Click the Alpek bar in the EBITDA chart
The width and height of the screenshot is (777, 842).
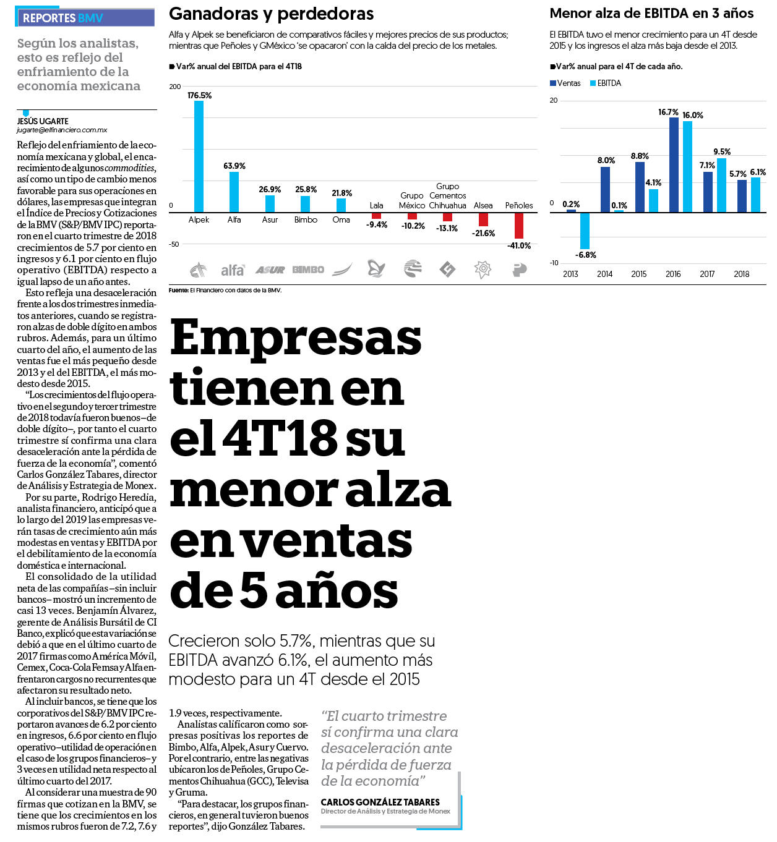(199, 156)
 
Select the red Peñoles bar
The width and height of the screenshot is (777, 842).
(518, 226)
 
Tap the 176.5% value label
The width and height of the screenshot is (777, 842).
(199, 95)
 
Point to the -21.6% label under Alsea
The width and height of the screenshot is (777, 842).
(483, 233)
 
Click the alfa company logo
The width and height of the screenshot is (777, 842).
(233, 270)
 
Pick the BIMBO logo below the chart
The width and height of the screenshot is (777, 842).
(308, 270)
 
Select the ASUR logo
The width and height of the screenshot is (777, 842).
(270, 270)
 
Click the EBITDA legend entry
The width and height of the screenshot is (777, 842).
(606, 83)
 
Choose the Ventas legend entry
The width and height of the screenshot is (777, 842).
(565, 83)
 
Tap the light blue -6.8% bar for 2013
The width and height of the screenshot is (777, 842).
(585, 231)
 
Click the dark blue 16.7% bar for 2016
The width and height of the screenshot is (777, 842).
(674, 165)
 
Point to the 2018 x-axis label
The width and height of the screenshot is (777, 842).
(741, 274)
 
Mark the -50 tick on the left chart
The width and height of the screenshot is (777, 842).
(174, 244)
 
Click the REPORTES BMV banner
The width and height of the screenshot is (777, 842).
(85, 18)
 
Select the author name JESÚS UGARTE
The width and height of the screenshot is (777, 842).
(43, 121)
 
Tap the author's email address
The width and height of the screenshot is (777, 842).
(62, 130)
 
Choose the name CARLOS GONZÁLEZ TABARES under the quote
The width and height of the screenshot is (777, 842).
(380, 802)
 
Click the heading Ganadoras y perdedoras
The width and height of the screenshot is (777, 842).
(271, 14)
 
